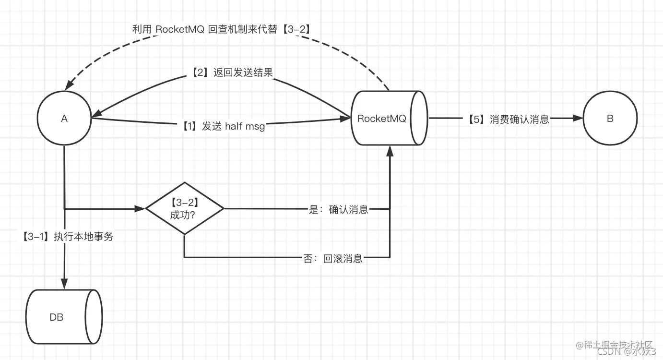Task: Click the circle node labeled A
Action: click(64, 118)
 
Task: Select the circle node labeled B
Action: click(610, 118)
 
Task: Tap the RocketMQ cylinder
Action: click(389, 118)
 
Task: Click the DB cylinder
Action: click(63, 317)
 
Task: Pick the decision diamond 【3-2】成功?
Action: click(185, 208)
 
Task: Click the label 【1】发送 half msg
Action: click(223, 126)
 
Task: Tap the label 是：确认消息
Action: click(339, 209)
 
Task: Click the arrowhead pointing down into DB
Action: click(64, 284)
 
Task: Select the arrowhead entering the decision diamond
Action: click(140, 209)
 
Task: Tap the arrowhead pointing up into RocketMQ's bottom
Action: click(390, 150)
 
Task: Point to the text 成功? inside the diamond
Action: click(182, 215)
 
